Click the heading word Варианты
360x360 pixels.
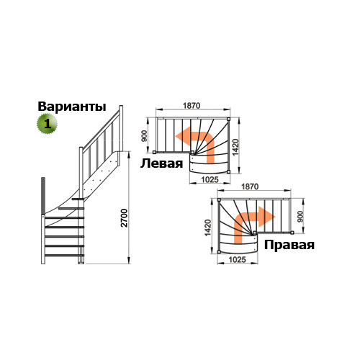pyautogui.click(x=72, y=107)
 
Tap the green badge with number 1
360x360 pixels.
pyautogui.click(x=47, y=124)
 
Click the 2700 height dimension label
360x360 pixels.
pyautogui.click(x=124, y=218)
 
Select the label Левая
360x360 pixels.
pyautogui.click(x=161, y=163)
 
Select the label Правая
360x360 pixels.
pyautogui.click(x=289, y=246)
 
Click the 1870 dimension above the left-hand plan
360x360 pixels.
pyautogui.click(x=192, y=106)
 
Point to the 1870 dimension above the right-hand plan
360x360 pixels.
pyautogui.click(x=250, y=186)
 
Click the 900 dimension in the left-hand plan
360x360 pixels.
pyautogui.click(x=144, y=136)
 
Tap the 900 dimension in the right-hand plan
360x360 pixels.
pyautogui.click(x=300, y=217)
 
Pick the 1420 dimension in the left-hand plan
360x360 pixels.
pyautogui.click(x=236, y=147)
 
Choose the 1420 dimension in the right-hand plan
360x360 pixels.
pyautogui.click(x=207, y=228)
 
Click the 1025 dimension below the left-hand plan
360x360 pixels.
pyautogui.click(x=210, y=179)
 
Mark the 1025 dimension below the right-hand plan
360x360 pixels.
pyautogui.click(x=238, y=260)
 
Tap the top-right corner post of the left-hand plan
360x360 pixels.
pyautogui.click(x=228, y=119)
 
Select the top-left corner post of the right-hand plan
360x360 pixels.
pyautogui.click(x=219, y=199)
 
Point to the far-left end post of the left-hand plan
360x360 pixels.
pyautogui.click(x=154, y=152)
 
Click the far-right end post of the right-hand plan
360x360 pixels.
pyautogui.click(x=292, y=233)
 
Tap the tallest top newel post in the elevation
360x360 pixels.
pyautogui.click(x=121, y=128)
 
